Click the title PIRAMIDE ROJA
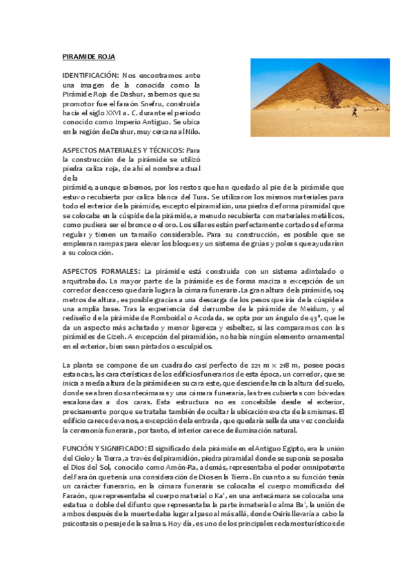pyautogui.click(x=89, y=56)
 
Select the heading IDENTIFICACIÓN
pyautogui.click(x=90, y=74)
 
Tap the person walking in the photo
pyautogui.click(x=355, y=110)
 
